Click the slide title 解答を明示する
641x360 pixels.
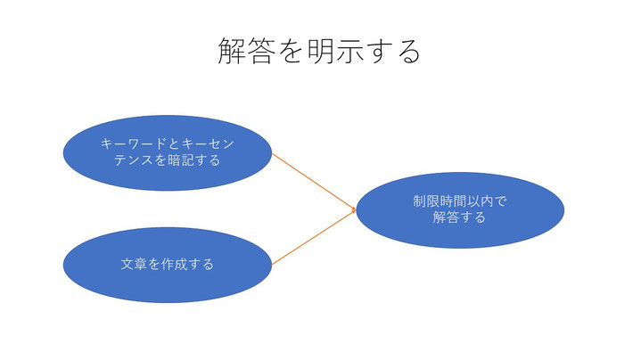pos(319,51)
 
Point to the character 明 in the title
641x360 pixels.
pos(320,51)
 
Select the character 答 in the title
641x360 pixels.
pos(260,51)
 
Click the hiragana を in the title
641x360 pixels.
pos(291,52)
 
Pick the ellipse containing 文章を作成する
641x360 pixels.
pos(168,265)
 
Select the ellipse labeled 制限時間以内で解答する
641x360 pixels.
pos(460,210)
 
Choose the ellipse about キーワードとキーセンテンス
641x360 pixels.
pos(168,153)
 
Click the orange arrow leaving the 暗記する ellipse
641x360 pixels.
pos(314,182)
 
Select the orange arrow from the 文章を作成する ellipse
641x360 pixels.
pos(314,237)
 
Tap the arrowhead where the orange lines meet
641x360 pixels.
pos(354,210)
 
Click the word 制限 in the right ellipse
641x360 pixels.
pos(426,201)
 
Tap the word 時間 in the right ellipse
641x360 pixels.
pos(453,201)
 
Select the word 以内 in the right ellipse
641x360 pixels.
pos(480,201)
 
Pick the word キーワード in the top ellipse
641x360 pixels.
pos(133,143)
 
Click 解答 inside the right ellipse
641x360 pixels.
pos(446,217)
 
